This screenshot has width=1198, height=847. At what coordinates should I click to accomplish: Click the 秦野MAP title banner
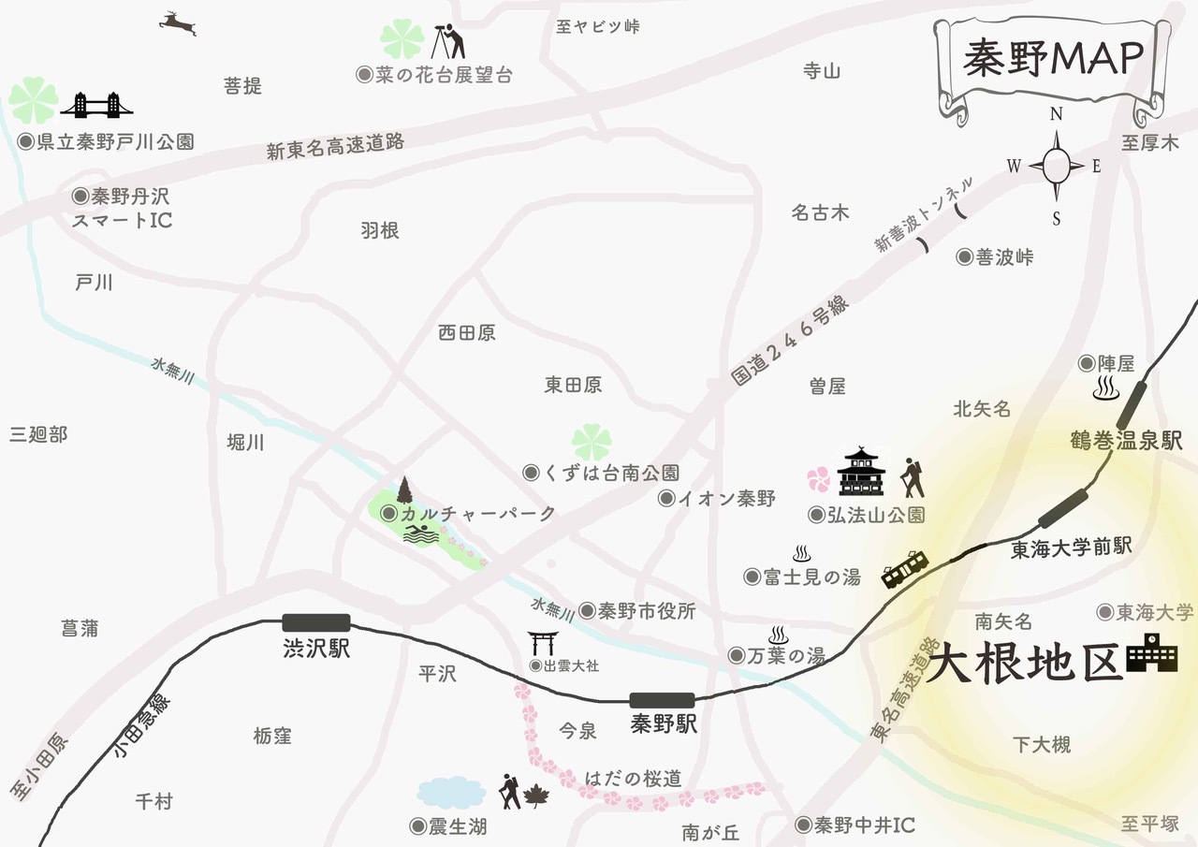1053,58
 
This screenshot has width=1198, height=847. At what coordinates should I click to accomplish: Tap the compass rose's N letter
1056,114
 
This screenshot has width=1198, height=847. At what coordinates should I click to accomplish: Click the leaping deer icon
179,22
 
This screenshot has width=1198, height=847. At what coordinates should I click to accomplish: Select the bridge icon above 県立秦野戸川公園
95,105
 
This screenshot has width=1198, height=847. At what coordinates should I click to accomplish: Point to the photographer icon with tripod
452,40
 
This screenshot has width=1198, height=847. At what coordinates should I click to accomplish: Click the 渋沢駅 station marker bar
315,622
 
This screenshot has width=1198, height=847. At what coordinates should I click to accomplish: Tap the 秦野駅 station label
665,724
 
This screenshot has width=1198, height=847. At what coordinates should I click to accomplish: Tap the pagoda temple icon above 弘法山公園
860,472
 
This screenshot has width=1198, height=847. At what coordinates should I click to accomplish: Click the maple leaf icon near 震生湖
536,796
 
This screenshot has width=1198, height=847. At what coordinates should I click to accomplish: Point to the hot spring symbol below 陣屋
1106,387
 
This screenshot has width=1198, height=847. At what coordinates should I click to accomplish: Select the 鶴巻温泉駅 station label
1127,441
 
